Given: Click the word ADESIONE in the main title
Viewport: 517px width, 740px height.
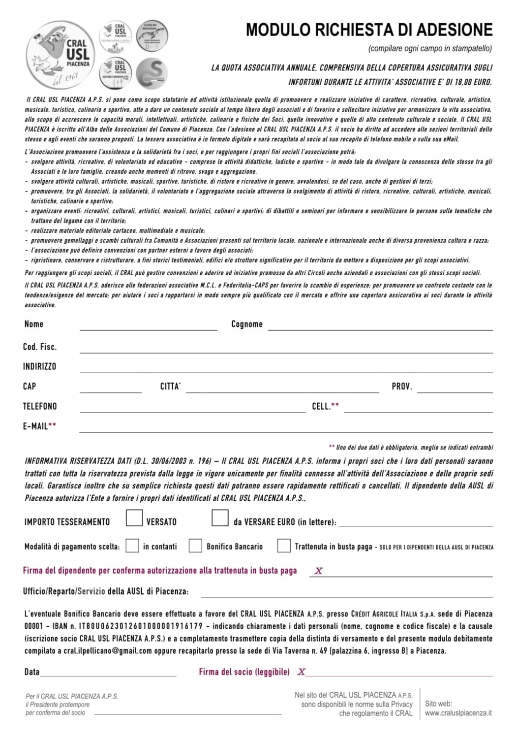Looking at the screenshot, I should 454,30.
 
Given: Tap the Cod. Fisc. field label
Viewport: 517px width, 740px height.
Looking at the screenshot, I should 40,347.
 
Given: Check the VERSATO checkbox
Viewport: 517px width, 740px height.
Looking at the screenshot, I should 134,518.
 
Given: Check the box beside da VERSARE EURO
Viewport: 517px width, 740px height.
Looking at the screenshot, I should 220,518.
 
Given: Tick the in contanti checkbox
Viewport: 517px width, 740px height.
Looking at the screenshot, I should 132,546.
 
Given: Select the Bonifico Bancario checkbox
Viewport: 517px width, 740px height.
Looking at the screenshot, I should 196,546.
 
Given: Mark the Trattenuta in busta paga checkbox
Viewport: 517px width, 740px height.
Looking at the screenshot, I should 284,546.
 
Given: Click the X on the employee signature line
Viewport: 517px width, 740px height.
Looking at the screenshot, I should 319,571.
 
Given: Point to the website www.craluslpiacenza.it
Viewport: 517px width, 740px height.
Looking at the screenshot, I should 458,713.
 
